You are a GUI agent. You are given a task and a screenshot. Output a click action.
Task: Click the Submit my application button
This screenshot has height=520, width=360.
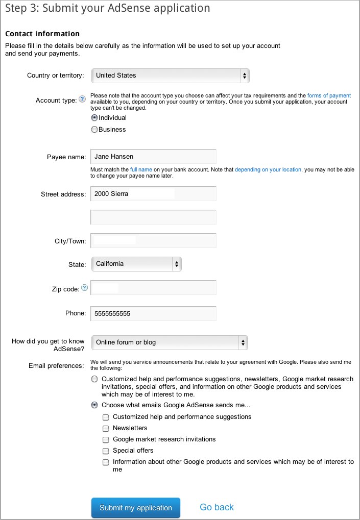pos(136,508)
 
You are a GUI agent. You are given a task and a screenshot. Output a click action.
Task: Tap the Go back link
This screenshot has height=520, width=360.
pos(217,507)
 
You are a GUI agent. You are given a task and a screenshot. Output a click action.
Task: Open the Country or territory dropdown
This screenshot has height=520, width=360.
pos(170,76)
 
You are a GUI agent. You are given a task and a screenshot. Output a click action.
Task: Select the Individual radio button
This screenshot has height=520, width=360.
pos(94,118)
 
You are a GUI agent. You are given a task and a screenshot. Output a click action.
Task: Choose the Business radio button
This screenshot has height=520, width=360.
pos(94,130)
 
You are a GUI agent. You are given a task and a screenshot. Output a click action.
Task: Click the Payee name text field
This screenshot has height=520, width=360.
pos(153,156)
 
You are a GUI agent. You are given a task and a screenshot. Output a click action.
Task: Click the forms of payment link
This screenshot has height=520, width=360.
pos(329,95)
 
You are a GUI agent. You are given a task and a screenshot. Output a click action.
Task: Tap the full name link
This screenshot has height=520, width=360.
pos(140,169)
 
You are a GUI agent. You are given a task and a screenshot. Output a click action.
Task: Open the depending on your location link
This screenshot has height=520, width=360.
pos(268,169)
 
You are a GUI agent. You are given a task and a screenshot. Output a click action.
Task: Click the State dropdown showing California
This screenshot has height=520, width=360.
pos(136,264)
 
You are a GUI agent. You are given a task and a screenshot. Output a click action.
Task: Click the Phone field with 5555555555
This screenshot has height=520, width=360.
pos(153,313)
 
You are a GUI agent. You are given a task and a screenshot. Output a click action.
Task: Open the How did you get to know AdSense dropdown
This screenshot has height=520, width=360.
pos(170,342)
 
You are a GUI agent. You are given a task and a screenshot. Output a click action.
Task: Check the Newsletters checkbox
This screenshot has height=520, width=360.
pos(106,429)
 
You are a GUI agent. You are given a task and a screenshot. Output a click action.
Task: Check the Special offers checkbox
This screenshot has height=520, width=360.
pos(106,451)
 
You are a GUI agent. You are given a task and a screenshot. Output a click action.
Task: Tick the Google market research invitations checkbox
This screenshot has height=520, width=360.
pos(106,440)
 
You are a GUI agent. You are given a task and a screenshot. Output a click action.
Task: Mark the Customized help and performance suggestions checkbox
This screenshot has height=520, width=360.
pos(106,417)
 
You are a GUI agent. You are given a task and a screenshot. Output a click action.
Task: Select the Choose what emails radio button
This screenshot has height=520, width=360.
pos(94,406)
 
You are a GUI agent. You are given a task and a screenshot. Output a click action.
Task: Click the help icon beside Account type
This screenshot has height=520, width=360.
pos(82,100)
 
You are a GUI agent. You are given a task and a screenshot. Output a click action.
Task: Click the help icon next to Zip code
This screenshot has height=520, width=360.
pos(84,288)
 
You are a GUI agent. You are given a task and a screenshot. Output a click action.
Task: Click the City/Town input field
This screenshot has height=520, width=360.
pos(153,240)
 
